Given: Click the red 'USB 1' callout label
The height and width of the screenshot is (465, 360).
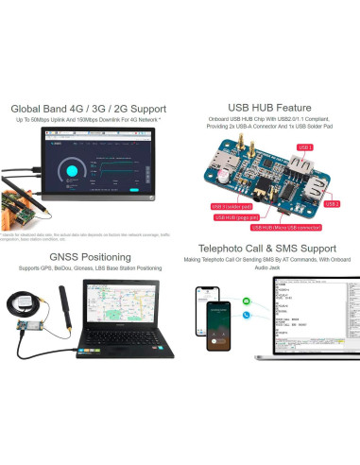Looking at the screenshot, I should pos(304,147).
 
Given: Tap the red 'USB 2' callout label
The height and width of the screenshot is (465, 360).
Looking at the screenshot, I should pos(332,204).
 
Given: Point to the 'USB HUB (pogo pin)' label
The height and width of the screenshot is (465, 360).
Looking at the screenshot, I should pos(233,216).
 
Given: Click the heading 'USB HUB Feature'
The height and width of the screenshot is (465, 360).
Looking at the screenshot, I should pos(269,108).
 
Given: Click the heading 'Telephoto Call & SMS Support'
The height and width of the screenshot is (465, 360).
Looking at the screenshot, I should pos(269,257).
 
